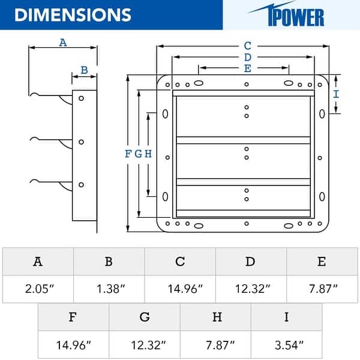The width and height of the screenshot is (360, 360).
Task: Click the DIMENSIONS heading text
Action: coord(73,14)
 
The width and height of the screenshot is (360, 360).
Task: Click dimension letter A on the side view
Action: coord(62,42)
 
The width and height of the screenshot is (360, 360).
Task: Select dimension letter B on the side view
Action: coord(84,70)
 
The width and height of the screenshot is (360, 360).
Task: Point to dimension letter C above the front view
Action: coord(247,46)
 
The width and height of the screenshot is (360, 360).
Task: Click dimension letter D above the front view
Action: coord(247,57)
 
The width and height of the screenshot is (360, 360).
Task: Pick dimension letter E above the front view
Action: coord(247,68)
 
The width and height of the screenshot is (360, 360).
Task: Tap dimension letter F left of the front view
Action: coord(128,154)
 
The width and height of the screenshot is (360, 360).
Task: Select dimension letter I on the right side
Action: coord(336,94)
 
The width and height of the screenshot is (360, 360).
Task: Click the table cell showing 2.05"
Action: coord(38,289)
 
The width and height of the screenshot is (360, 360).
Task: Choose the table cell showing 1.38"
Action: coord(109,289)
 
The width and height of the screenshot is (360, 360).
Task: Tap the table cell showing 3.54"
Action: coord(286,345)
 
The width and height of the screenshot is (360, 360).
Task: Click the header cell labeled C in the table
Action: coord(180,262)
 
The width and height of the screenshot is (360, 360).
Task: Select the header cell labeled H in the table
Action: coord(215,317)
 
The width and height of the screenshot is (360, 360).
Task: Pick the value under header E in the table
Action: coord(322,289)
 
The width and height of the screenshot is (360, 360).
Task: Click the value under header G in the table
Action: coord(145,345)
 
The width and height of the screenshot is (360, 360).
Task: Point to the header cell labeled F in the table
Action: coord(73,317)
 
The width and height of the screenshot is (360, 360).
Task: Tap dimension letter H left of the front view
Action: coord(148,154)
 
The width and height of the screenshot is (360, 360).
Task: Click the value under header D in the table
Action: coord(251,289)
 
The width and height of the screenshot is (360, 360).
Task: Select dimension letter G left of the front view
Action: coord(138,154)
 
